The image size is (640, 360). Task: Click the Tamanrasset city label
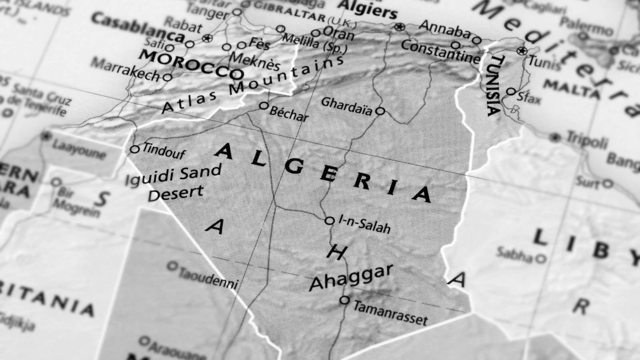click(390, 313)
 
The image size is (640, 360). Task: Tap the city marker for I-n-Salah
click(330, 220)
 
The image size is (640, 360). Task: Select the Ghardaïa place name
click(346, 106)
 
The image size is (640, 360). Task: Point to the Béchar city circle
click(264, 106)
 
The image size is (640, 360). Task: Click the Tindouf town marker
click(135, 149)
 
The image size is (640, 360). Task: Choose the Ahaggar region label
click(351, 277)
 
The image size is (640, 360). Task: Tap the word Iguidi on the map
click(150, 178)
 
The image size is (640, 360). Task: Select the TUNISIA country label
click(495, 85)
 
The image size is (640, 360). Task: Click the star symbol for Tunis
click(521, 51)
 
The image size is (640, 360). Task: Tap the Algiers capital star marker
click(399, 27)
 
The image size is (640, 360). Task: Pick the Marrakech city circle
click(168, 77)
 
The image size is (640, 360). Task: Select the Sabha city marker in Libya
click(541, 258)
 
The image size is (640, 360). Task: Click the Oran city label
click(338, 34)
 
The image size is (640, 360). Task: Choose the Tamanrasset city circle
click(344, 300)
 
